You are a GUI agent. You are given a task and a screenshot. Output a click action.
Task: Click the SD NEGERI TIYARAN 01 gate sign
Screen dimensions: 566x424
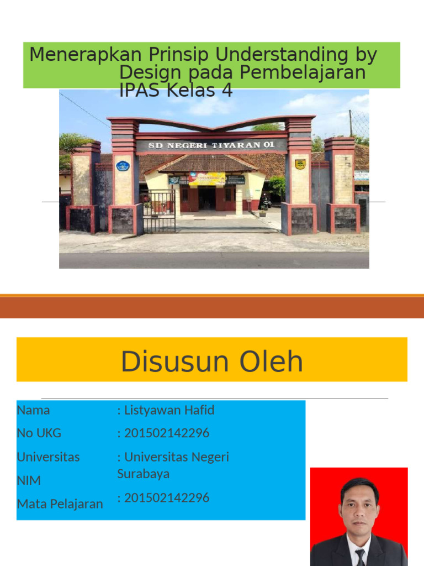[x=211, y=146]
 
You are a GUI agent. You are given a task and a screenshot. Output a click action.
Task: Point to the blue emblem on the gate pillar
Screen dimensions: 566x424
[x=123, y=165]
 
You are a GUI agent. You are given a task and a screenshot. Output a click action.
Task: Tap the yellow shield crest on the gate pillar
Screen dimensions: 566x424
[x=300, y=164]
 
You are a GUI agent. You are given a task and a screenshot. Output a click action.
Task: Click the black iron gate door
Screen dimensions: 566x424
[x=159, y=211]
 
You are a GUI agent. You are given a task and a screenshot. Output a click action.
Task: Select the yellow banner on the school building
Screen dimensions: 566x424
[x=206, y=179]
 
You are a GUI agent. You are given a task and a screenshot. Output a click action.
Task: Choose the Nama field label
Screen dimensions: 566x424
[x=33, y=410]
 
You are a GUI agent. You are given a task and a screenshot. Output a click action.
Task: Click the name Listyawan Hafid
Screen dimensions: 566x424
[x=169, y=410]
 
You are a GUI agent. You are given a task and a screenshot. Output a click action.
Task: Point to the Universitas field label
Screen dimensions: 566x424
[x=48, y=457]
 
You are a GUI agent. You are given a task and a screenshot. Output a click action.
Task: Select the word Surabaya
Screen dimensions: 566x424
[x=144, y=474]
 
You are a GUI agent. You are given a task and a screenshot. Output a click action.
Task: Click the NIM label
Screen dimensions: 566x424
[x=29, y=480]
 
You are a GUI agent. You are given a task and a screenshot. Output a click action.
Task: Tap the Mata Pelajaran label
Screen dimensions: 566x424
[x=60, y=504]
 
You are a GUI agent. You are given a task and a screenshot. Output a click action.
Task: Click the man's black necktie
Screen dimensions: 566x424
[x=360, y=555]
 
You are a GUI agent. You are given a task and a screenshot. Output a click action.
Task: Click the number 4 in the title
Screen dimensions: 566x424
[x=226, y=90]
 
